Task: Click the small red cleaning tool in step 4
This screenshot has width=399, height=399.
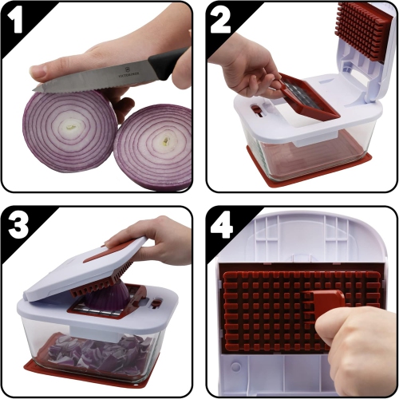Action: (x=324, y=303)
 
